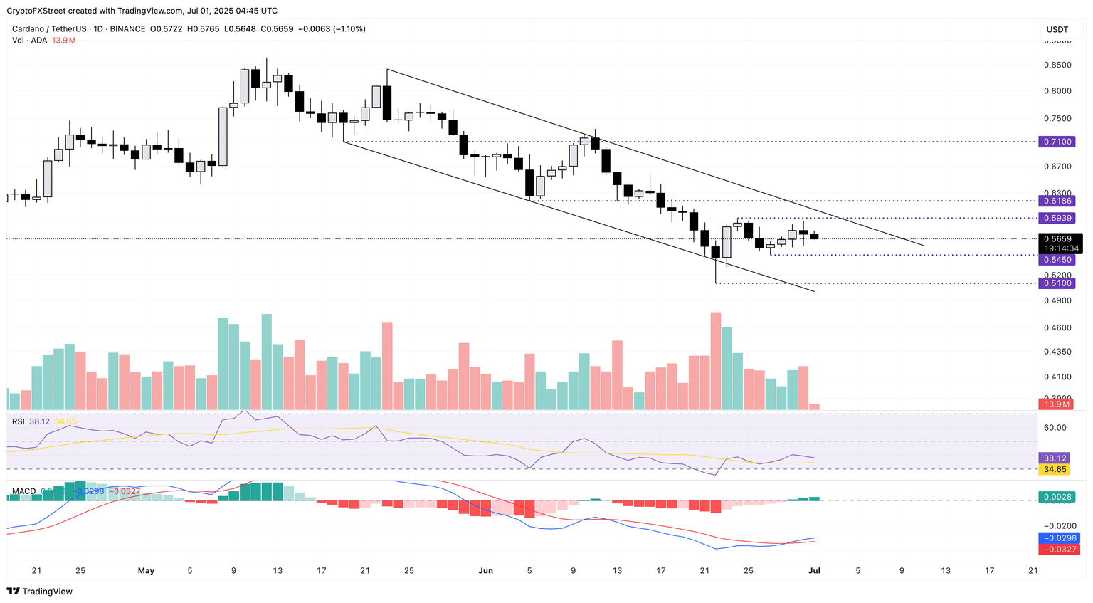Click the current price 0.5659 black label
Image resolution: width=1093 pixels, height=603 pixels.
[x=1060, y=239]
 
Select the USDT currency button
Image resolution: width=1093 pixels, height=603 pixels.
[x=1057, y=29]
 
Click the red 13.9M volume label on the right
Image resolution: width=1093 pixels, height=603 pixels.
[x=1057, y=404]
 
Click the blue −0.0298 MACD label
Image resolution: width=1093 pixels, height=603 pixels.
[x=1060, y=538]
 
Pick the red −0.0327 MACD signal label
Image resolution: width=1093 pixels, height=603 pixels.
[x=1060, y=550]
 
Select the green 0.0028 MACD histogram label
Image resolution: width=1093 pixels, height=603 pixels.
[x=1058, y=497]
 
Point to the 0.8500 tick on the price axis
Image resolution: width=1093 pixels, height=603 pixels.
[x=1057, y=65]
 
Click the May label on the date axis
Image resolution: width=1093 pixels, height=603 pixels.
[x=146, y=570]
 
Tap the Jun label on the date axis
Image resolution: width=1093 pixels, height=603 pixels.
[x=486, y=570]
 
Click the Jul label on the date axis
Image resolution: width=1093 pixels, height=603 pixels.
[x=814, y=570]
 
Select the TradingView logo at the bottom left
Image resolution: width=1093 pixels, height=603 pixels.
[x=40, y=591]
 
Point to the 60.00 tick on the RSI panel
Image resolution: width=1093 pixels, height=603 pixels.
[x=1055, y=427]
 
